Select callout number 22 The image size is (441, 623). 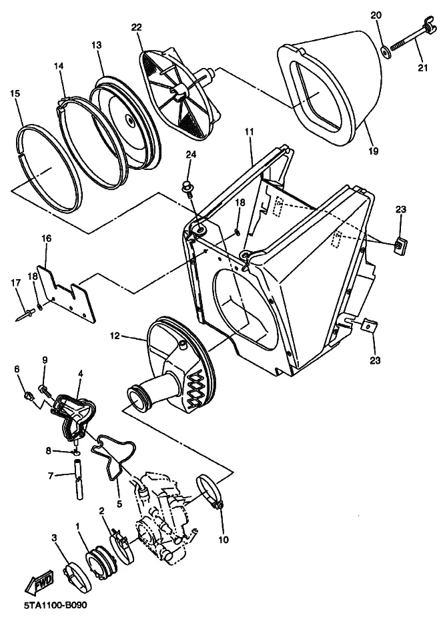point(136,27)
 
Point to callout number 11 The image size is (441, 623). point(250,132)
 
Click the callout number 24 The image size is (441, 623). point(191,154)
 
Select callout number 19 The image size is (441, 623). point(374,151)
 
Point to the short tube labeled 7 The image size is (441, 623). point(78,479)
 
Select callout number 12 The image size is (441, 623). point(115,336)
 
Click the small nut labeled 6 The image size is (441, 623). point(28,395)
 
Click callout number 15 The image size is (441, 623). point(15,94)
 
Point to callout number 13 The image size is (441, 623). point(97,45)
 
